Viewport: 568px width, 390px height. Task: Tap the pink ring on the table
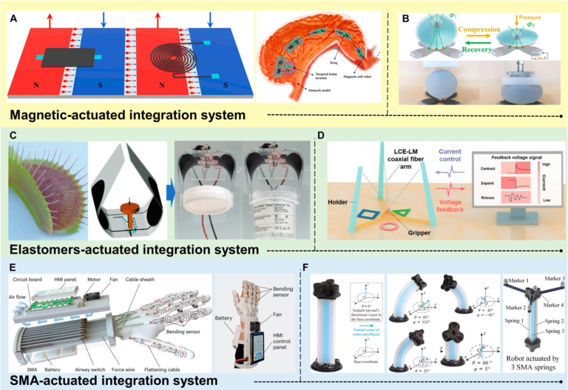[389, 227]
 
